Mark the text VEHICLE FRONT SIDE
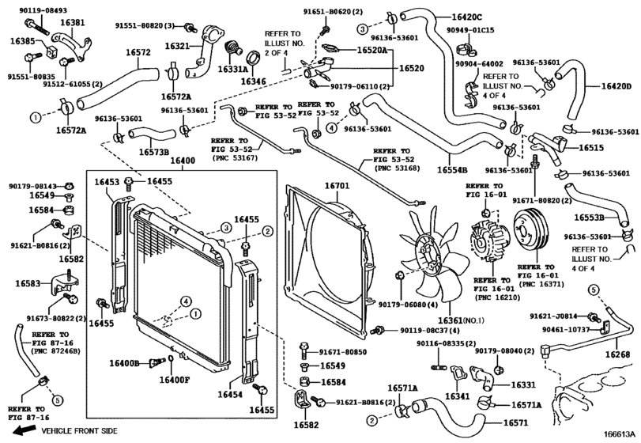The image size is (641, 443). tap(79, 430)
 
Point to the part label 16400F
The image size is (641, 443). tap(175, 379)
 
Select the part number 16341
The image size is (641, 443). tap(458, 396)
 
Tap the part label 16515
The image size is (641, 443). tap(589, 147)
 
